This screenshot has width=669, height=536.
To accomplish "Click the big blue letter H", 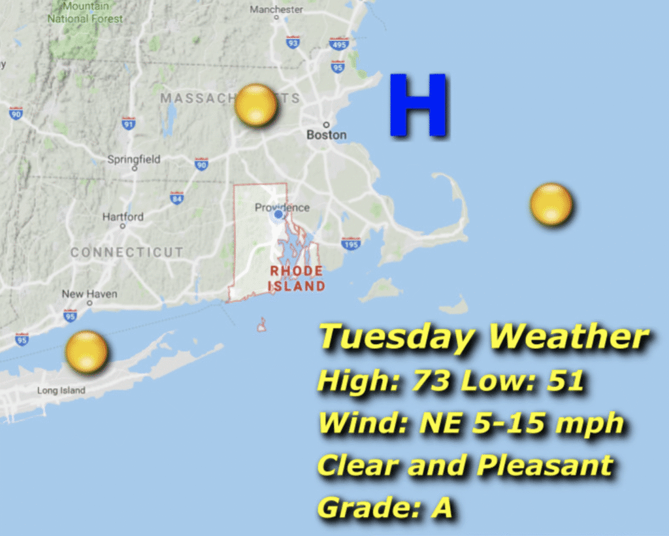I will (419, 105).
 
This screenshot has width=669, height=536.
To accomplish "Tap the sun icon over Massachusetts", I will (256, 105).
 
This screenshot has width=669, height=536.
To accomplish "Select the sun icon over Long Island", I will (86, 352).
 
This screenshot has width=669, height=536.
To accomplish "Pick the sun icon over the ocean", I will (551, 205).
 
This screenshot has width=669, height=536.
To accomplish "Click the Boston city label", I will (327, 135).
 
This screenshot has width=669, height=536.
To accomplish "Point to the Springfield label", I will (133, 159).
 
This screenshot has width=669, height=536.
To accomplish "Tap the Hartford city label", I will (123, 217).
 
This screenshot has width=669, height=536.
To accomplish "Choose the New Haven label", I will (90, 294).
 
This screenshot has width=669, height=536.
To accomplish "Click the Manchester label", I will (276, 10).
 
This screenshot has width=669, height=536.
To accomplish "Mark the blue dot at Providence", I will (278, 214).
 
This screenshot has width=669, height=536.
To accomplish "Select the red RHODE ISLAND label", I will (297, 278).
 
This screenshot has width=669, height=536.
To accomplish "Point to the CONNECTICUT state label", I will (127, 252).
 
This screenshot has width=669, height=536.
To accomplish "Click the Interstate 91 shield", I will (129, 123).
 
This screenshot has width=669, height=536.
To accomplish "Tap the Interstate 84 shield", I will (176, 197).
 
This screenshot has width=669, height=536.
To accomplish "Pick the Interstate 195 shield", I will (351, 244).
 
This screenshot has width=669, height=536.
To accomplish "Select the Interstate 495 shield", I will (339, 43).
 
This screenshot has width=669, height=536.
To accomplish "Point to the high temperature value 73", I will (431, 382).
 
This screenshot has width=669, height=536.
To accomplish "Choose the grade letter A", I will (442, 507).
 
